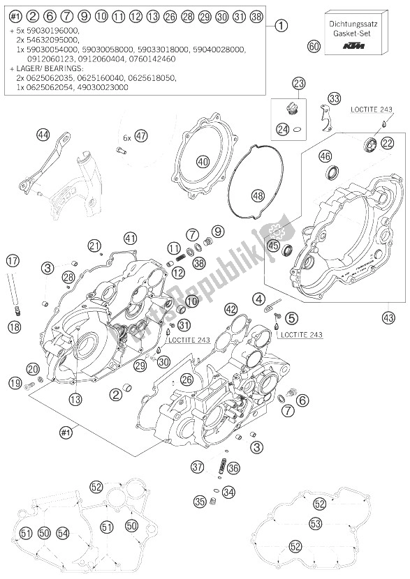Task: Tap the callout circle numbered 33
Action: pyautogui.click(x=334, y=98)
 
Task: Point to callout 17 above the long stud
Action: pyautogui.click(x=12, y=261)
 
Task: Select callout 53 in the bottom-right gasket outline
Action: pyautogui.click(x=315, y=523)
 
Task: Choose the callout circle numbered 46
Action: pyautogui.click(x=325, y=156)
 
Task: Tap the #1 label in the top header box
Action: pyautogui.click(x=15, y=15)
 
